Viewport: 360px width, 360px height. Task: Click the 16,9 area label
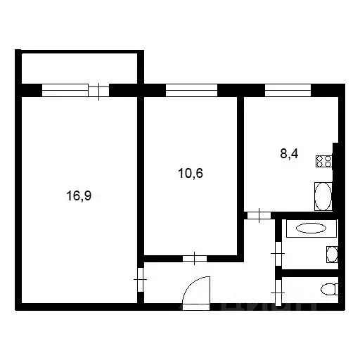coord(79,196)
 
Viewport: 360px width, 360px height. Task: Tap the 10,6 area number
coord(192,172)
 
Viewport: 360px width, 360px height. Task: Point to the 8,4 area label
coord(289,155)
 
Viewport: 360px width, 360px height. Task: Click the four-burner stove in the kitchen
coord(324,161)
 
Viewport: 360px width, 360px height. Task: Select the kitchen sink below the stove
coord(323,196)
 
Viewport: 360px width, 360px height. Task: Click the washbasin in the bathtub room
coord(332,254)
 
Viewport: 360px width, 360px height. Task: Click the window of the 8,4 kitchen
coord(288,90)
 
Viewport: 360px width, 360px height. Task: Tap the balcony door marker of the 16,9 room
coord(99,90)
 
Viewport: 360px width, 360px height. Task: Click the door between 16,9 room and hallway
coord(141,281)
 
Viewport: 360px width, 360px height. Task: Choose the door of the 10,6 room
coord(192,258)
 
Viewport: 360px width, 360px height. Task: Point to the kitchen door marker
coord(260,215)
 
